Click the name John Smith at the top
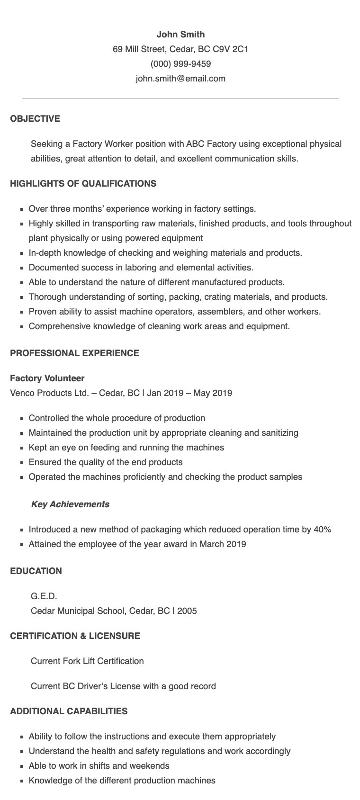click(180, 34)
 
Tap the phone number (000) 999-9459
click(180, 63)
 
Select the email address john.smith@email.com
click(180, 78)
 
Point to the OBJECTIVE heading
click(35, 118)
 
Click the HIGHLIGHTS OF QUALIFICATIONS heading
click(83, 183)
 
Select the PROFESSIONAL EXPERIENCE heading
click(74, 353)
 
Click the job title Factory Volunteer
click(47, 378)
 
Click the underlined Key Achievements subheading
click(70, 504)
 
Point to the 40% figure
click(323, 529)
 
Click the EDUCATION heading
click(36, 571)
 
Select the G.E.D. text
click(44, 596)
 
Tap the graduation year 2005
click(187, 611)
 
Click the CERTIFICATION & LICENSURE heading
click(75, 636)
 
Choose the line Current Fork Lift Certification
click(87, 661)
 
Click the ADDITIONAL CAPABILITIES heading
click(69, 711)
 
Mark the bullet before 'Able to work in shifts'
click(22, 766)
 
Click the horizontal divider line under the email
click(180, 99)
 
